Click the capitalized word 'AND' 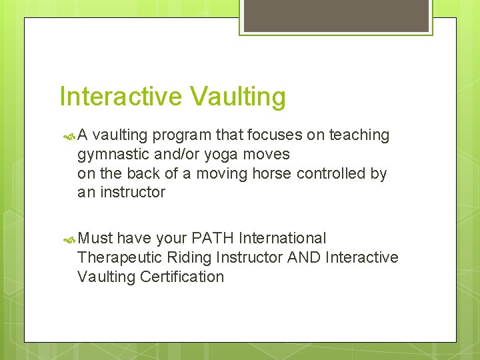(x=304, y=257)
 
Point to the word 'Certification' (x=182, y=277)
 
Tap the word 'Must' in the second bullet (x=95, y=238)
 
